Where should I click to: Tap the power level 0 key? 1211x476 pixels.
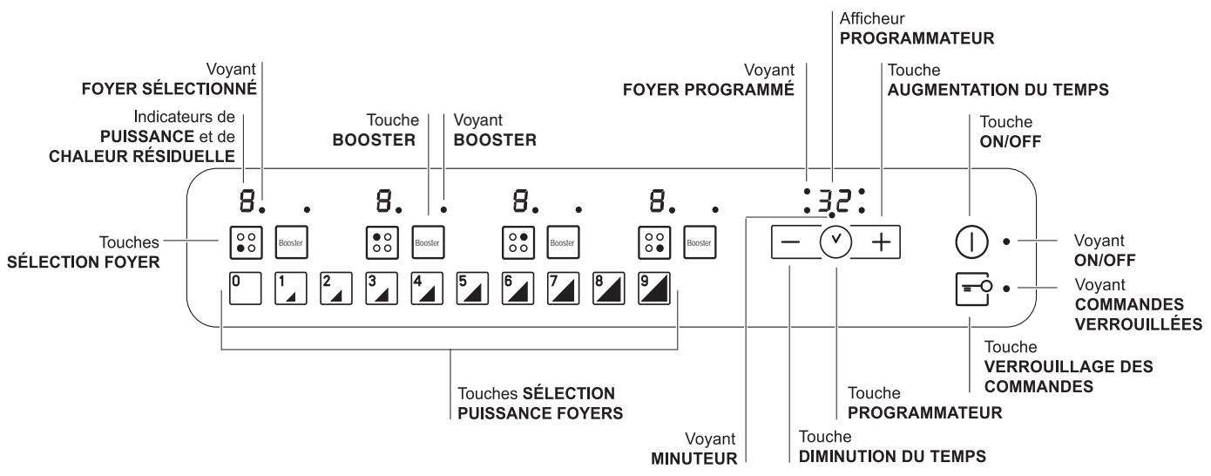point(245,289)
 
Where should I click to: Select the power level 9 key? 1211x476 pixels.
point(654,289)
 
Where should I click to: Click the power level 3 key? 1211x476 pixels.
point(382,289)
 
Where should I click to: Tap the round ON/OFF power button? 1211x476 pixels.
point(971,241)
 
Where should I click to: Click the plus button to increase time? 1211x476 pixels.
point(881,241)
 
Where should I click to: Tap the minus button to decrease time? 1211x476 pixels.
point(790,241)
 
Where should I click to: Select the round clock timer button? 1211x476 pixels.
point(836,241)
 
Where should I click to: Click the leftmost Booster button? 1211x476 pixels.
point(291,242)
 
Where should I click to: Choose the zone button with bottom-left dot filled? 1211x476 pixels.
point(246,242)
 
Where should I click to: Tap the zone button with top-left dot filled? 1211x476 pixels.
point(382,242)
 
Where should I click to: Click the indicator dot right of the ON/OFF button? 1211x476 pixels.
point(1006,241)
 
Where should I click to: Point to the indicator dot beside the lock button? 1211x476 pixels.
point(1006,289)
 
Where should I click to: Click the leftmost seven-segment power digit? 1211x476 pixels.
point(247,201)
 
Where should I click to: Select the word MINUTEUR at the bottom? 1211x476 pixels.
point(694,459)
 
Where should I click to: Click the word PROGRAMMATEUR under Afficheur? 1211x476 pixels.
point(917,38)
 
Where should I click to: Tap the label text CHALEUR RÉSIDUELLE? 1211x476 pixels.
point(142,156)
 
